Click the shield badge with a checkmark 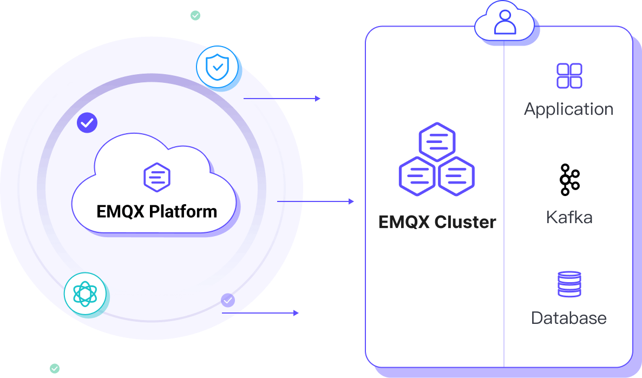point(217,67)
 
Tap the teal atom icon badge point(84,294)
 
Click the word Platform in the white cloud point(183,211)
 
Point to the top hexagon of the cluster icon point(437,142)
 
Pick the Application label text point(568,109)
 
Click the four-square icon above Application point(569,76)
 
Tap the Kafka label point(569,218)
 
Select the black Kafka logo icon point(569,179)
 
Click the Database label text point(568,317)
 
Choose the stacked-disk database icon point(569,284)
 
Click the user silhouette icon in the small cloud point(505,22)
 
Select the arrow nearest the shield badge point(297,99)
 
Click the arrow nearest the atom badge point(268,313)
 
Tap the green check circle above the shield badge point(195,16)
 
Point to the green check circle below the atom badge point(55,368)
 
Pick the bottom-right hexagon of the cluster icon point(456,176)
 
